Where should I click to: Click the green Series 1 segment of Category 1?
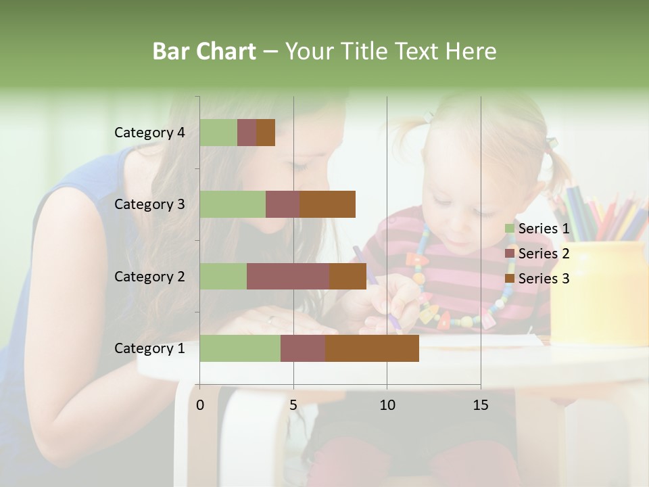point(240,348)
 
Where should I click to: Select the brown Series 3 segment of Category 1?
point(372,348)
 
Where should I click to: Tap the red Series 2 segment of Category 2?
point(288,277)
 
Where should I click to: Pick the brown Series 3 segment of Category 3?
point(328,204)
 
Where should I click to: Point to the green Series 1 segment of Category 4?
point(218,133)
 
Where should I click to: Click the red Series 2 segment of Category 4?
point(247,133)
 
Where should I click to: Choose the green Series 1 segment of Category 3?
point(233,204)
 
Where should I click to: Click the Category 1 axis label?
point(149,348)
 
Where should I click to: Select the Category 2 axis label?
point(149,277)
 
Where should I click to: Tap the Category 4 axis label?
point(149,133)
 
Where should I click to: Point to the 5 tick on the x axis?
point(293,405)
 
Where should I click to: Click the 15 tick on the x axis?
point(481,405)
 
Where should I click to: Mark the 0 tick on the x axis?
point(200,405)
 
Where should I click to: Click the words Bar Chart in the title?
point(204,51)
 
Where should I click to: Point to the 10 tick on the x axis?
point(387,405)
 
